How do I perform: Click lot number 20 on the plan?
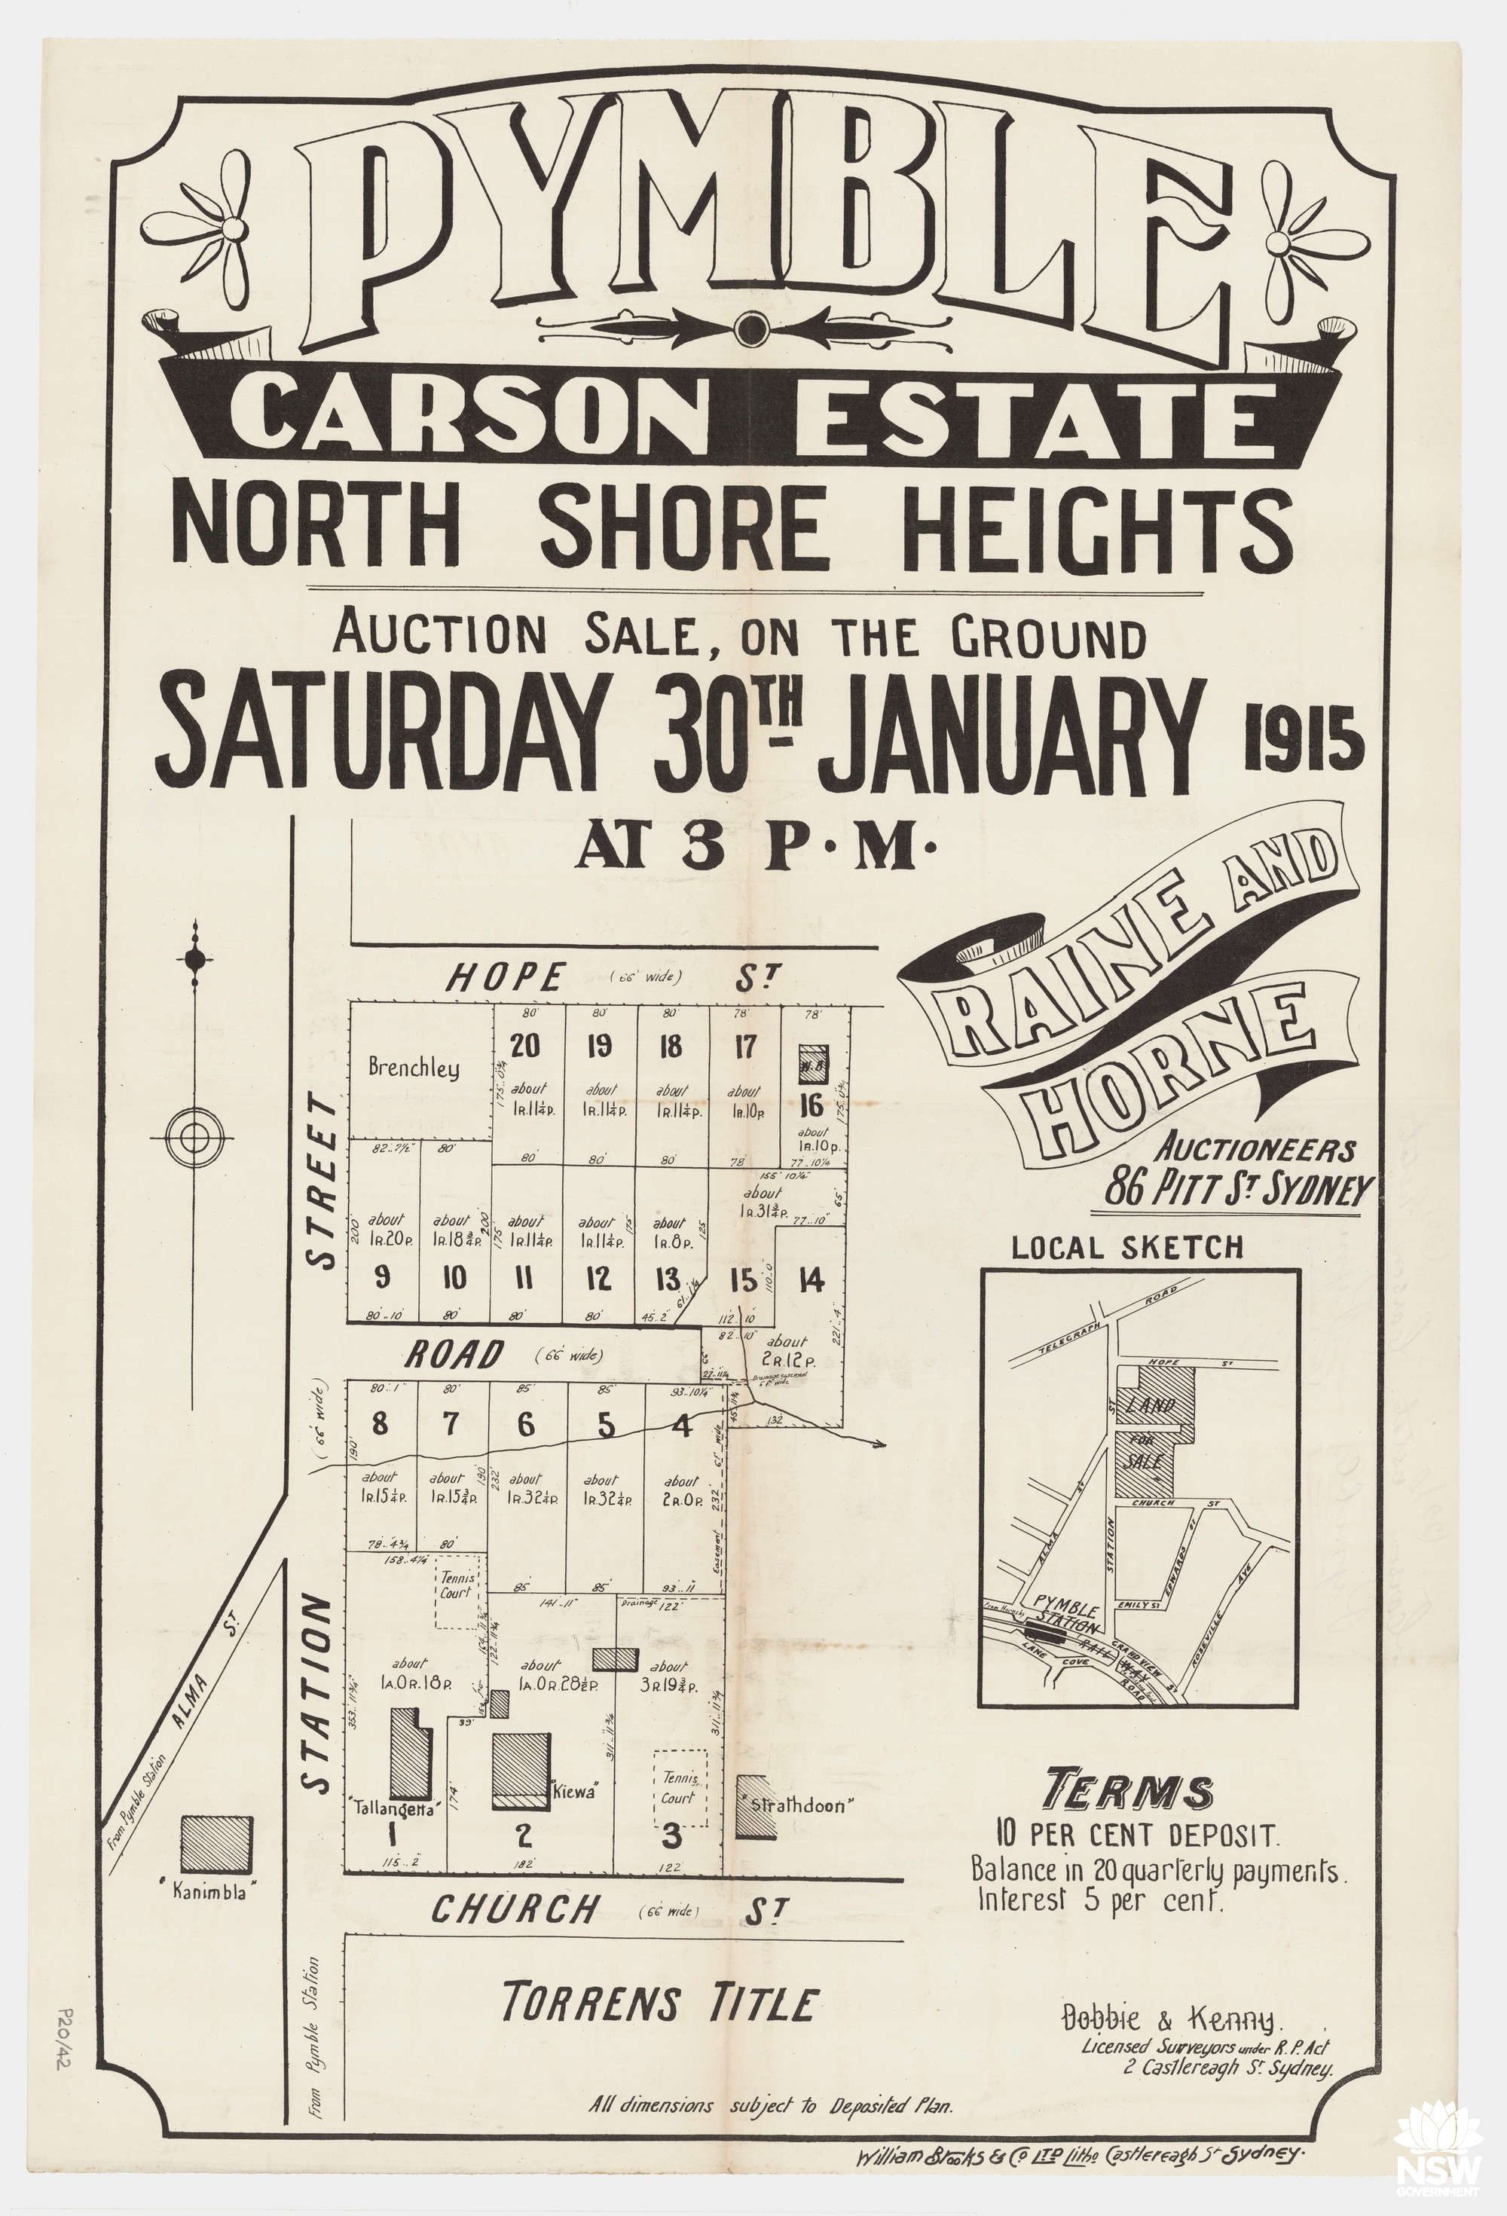tap(524, 1046)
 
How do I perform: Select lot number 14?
tap(812, 1279)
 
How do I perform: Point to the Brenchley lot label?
tap(414, 1068)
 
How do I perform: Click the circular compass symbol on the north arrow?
tap(193, 1136)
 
